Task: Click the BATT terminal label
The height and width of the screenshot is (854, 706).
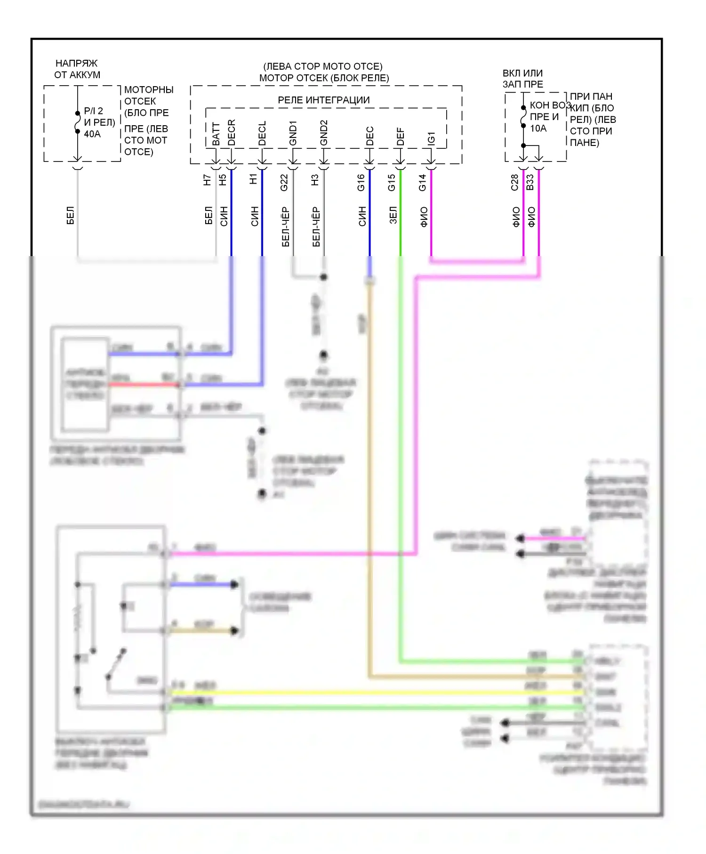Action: [x=216, y=134]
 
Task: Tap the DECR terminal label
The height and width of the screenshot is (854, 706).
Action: [x=232, y=133]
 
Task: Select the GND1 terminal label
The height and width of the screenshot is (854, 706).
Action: [x=293, y=133]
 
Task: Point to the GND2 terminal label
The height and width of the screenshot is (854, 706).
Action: [x=324, y=133]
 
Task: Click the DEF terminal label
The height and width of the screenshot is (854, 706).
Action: [x=401, y=137]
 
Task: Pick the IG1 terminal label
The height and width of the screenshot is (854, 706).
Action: [x=431, y=138]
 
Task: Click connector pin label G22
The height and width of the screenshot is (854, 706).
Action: [x=284, y=183]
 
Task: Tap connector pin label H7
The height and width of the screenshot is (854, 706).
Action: [x=207, y=180]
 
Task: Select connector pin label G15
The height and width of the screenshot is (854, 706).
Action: [x=392, y=183]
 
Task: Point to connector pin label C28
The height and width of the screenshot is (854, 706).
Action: [x=514, y=183]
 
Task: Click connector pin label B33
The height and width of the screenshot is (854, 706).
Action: [x=530, y=183]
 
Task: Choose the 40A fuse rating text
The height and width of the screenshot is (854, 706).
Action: [x=92, y=134]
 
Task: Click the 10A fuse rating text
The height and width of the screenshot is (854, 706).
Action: [x=538, y=129]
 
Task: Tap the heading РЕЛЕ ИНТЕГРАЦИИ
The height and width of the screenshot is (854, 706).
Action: [x=324, y=100]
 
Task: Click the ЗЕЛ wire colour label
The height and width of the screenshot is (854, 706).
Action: [x=393, y=216]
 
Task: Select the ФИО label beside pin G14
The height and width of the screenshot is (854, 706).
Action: [x=424, y=217]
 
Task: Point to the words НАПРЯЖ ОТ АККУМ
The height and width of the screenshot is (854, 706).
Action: [x=77, y=69]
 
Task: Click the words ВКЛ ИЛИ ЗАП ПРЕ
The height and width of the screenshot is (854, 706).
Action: [x=523, y=79]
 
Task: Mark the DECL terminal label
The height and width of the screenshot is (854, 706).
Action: [x=262, y=134]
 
